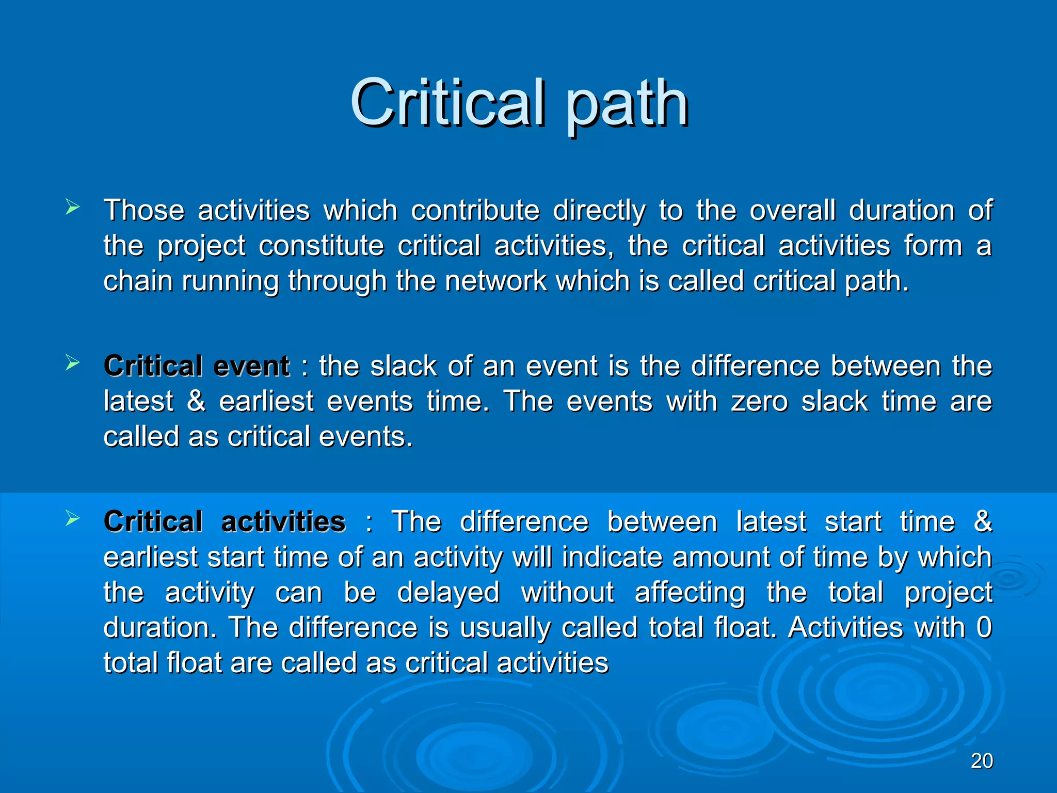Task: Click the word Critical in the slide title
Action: (447, 103)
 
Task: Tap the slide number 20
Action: (982, 761)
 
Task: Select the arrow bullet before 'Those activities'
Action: (73, 208)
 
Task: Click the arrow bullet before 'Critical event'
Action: (73, 363)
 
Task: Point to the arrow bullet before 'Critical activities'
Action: (73, 519)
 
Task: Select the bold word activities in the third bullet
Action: (283, 522)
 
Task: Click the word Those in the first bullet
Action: (144, 211)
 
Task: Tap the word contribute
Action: (475, 211)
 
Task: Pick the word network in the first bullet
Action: (495, 281)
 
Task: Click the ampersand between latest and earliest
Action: (196, 401)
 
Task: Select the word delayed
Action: (448, 592)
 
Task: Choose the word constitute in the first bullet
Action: (321, 246)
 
